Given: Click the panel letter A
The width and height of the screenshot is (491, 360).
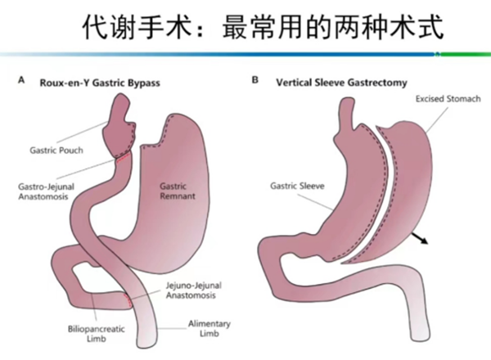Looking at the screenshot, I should (x=22, y=82).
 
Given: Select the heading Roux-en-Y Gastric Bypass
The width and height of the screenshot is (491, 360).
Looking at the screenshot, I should (x=99, y=83).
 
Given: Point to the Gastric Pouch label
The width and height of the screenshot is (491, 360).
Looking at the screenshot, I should (x=53, y=151).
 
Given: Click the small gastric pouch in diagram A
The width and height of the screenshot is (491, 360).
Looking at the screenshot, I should (x=122, y=129).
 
